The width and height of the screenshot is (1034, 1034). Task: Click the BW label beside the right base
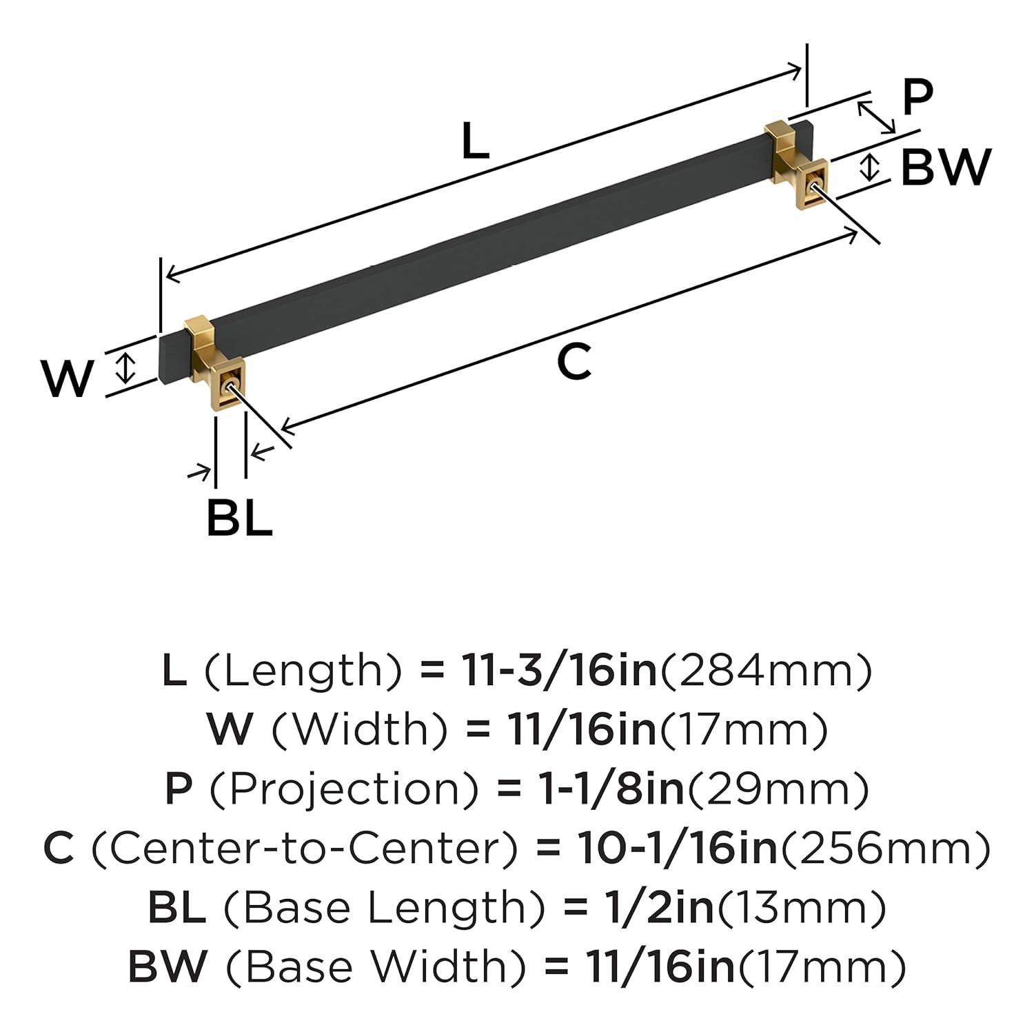[x=946, y=168]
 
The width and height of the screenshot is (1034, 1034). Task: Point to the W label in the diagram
[x=67, y=378]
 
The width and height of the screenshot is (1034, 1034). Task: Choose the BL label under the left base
[x=239, y=518]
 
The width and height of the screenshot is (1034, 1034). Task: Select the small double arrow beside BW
[x=871, y=168]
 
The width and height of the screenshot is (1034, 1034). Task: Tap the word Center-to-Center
[x=303, y=849]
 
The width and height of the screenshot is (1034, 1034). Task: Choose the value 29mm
[x=776, y=789]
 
